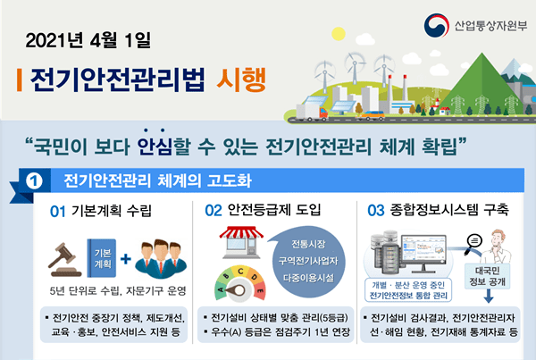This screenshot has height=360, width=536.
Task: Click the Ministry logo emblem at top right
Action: click(x=437, y=25)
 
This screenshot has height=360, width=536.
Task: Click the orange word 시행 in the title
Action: click(x=241, y=80)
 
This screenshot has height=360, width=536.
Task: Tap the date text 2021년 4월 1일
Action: click(x=88, y=41)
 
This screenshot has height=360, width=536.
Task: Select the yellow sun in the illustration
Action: click(x=339, y=34)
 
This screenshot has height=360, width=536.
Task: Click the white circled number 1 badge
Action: click(x=34, y=180)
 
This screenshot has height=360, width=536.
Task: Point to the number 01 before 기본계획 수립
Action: click(x=57, y=212)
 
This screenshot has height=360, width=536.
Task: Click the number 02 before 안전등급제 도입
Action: click(x=214, y=211)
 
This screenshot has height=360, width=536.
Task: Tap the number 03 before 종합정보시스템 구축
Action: click(x=376, y=211)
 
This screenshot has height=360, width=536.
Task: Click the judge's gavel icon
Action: click(x=64, y=260)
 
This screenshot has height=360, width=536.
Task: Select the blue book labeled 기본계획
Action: click(x=102, y=258)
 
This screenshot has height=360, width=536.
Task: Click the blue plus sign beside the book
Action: click(x=125, y=259)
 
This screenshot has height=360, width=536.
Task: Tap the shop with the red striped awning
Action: click(x=241, y=242)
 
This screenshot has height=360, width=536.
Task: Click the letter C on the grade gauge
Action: click(x=240, y=271)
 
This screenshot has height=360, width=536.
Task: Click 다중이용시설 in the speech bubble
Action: click(x=308, y=278)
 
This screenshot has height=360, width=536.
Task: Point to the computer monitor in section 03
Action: click(x=423, y=253)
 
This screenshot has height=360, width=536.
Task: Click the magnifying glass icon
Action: click(x=473, y=243)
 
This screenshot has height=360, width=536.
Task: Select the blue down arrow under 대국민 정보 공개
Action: click(x=489, y=296)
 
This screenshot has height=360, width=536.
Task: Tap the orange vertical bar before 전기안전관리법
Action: click(x=20, y=80)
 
